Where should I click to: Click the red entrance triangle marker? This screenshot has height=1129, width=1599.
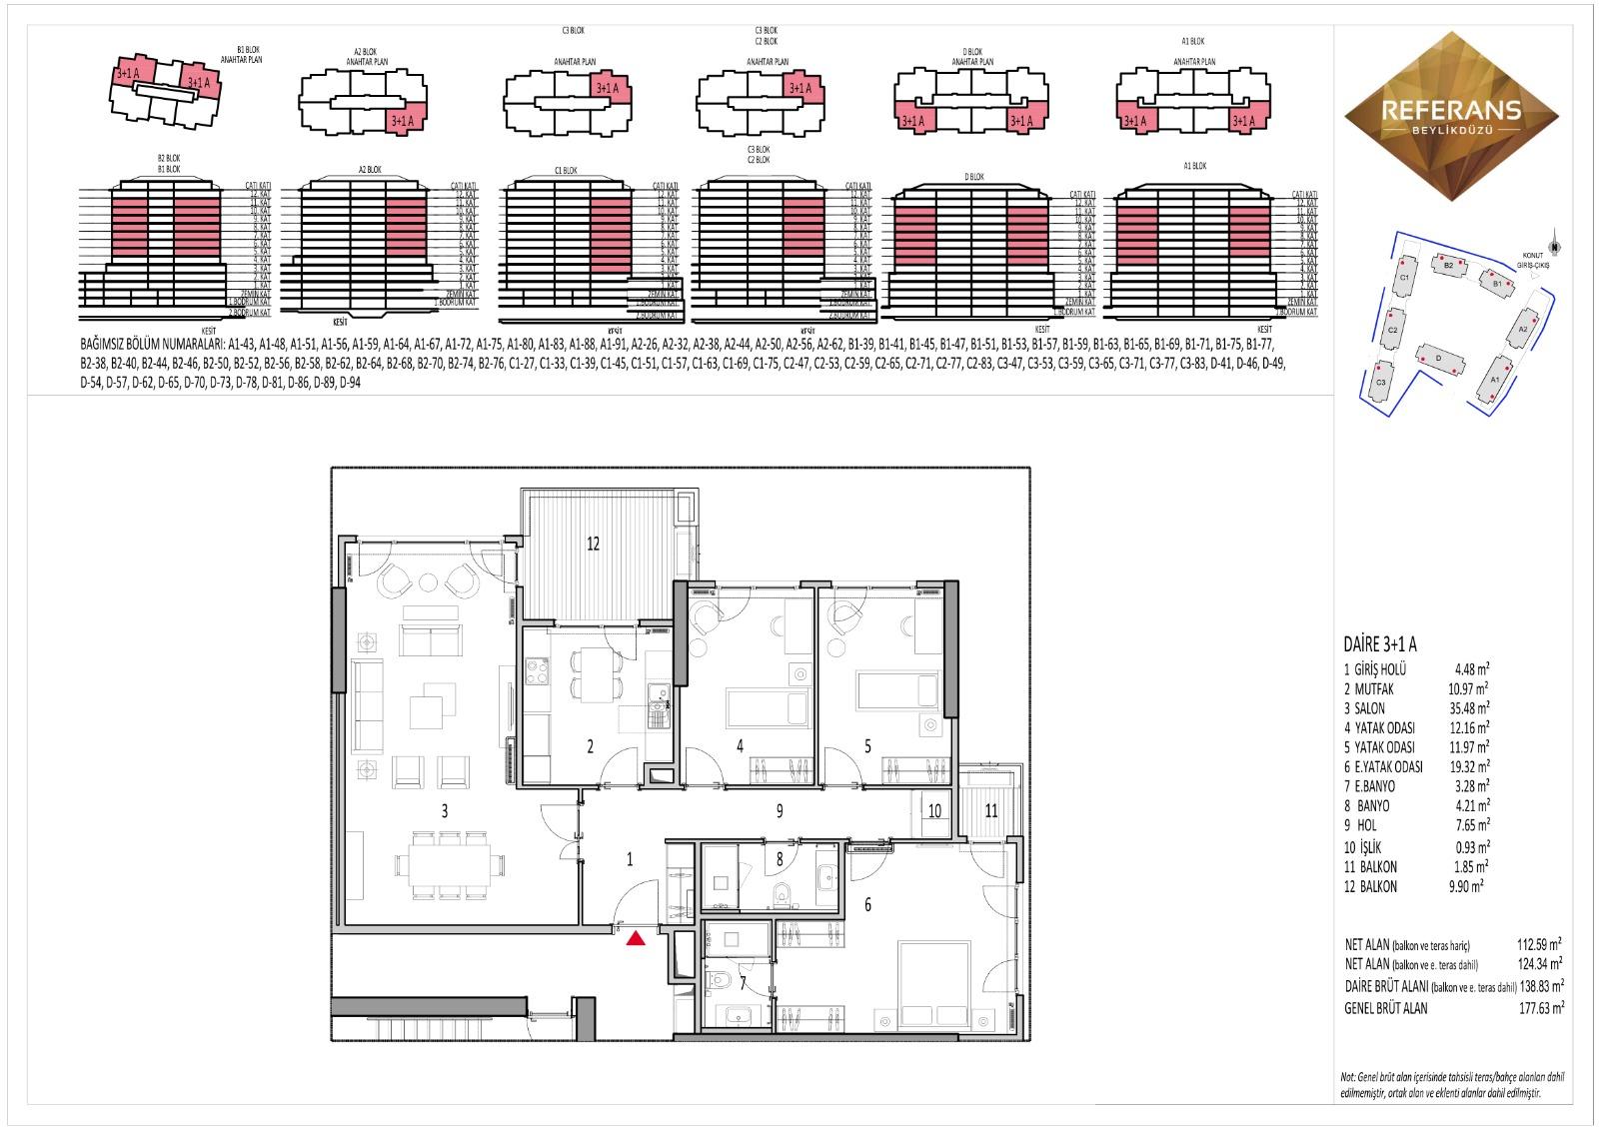tap(635, 938)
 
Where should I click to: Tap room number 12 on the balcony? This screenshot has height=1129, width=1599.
tap(593, 544)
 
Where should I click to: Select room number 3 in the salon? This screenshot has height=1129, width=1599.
tap(445, 811)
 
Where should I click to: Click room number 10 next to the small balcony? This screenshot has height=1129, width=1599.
tap(934, 811)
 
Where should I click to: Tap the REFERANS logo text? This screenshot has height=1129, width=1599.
tap(1450, 110)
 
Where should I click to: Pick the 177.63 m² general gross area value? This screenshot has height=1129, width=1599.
tap(1540, 1008)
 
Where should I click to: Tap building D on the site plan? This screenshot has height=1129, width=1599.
tap(1437, 358)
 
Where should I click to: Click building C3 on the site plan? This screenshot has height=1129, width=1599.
tap(1381, 383)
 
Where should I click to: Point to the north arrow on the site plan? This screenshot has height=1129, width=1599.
tap(1553, 247)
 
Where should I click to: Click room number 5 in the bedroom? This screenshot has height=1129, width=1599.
tap(867, 745)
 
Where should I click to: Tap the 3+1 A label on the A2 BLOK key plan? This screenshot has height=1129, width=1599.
tap(403, 121)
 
